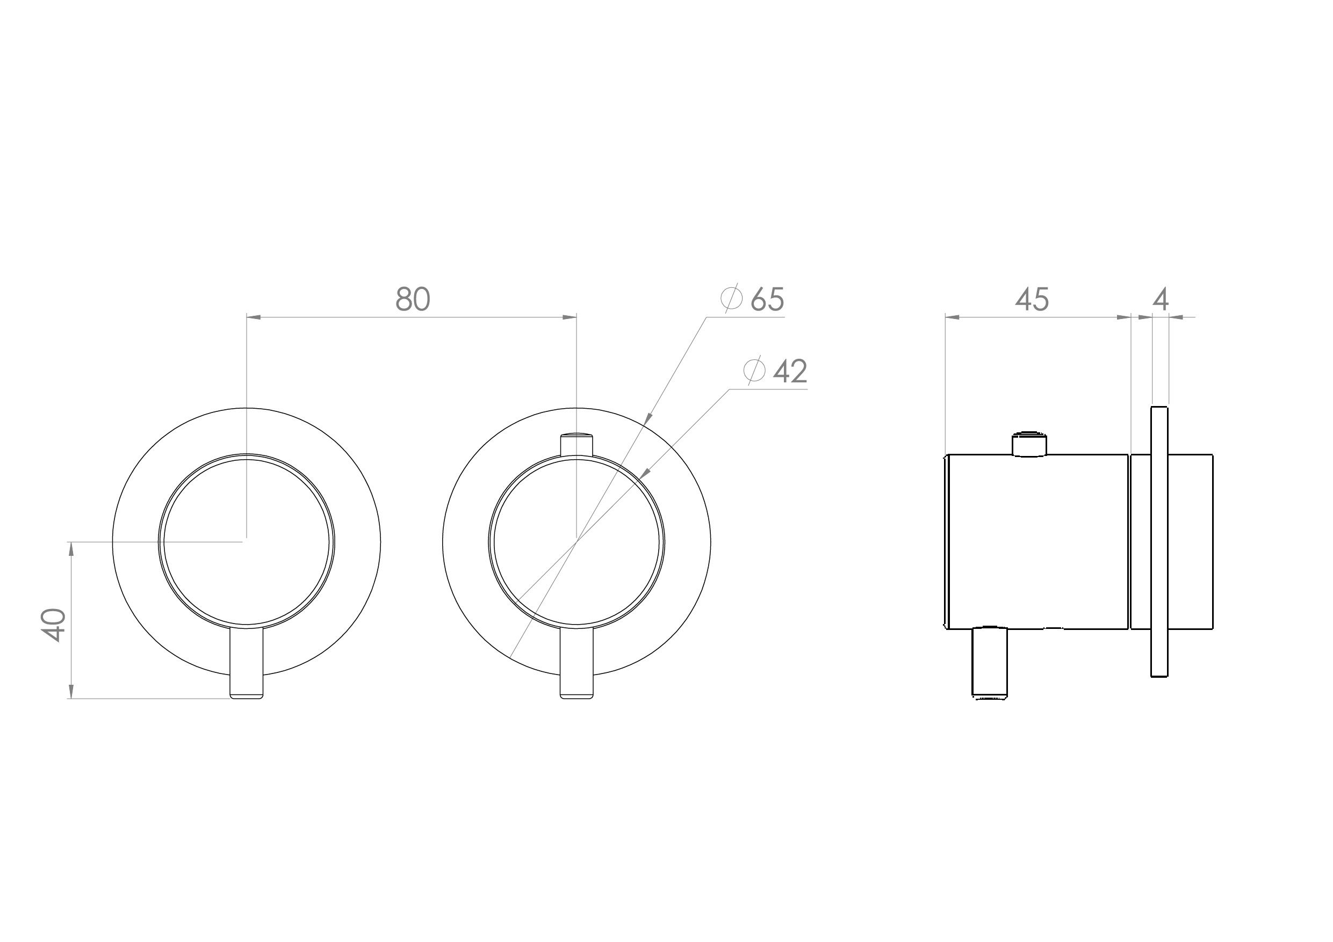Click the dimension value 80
coord(413,300)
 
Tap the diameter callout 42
coord(790,371)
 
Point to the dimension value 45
coord(1032,300)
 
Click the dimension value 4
coord(1160,300)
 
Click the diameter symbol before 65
coord(732,298)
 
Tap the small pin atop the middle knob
coord(577,445)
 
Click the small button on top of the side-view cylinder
coord(1029,445)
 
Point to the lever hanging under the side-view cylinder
coord(990,663)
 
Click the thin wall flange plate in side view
coord(1159,541)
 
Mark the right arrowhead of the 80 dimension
coord(570,317)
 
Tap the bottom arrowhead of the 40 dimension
coord(71,692)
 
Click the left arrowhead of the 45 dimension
coord(952,317)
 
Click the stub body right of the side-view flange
coord(1190,541)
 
